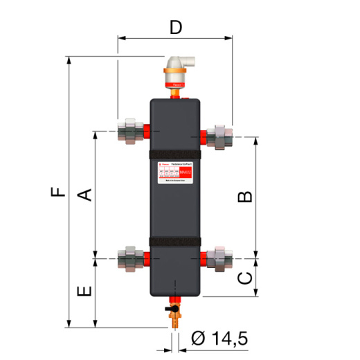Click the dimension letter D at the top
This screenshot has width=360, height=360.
[175, 27]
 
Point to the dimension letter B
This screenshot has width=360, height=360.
[245, 197]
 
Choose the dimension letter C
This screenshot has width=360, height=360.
[245, 278]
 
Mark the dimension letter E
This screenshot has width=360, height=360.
[84, 291]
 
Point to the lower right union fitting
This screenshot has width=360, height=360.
[223, 258]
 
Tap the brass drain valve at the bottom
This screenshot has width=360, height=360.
[174, 315]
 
